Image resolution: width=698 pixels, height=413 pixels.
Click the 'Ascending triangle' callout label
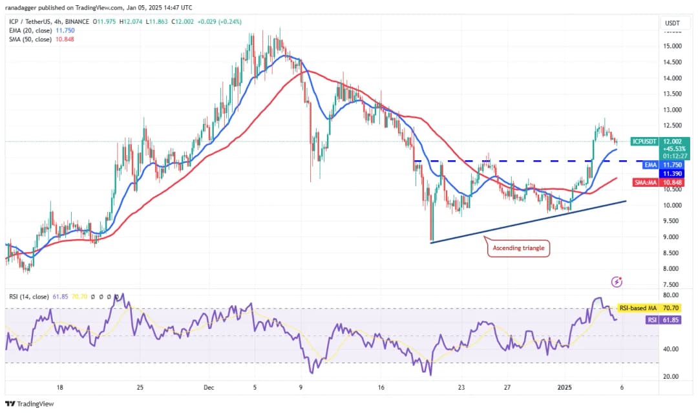(x=518, y=248)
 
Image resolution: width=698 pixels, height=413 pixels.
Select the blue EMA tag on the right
(x=651, y=165)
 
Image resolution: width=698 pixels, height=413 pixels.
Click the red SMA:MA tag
(x=646, y=184)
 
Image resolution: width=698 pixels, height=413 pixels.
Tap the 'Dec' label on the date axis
(x=209, y=388)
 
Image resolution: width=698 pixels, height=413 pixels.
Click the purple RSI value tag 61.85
(x=670, y=319)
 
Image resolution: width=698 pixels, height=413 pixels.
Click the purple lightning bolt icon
(x=617, y=282)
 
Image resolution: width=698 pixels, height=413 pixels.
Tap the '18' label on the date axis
(x=59, y=388)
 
